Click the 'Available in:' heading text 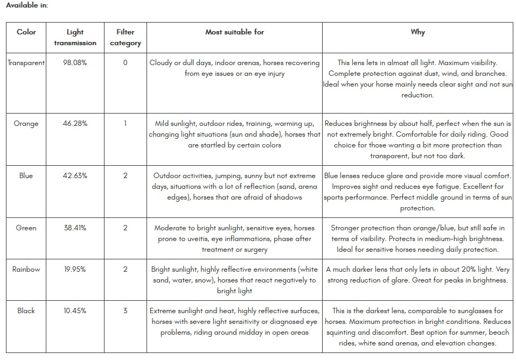tap(27, 5)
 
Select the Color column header tap(26, 32)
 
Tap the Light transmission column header tap(75, 37)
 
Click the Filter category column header tap(125, 37)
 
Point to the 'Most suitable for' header tap(234, 32)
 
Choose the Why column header tap(417, 32)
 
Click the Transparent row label tap(26, 62)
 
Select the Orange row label tap(26, 123)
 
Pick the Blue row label tap(26, 175)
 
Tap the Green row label tap(26, 228)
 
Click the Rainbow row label tap(26, 269)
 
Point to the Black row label tap(26, 310)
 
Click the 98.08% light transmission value tap(75, 62)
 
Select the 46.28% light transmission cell tap(75, 123)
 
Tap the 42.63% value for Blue tap(75, 175)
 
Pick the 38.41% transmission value tap(75, 228)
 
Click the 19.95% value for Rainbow tap(75, 269)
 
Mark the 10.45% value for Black tap(75, 310)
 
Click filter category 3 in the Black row tap(125, 310)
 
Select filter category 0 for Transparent tap(125, 62)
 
